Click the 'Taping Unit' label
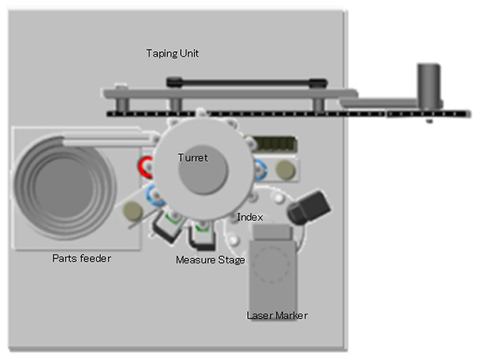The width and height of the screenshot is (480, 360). (172, 54)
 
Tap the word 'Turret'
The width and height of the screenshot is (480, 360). (192, 158)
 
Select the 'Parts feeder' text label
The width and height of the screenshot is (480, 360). (81, 258)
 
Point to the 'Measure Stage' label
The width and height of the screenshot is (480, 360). (210, 260)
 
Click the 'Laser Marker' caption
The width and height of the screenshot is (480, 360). (277, 315)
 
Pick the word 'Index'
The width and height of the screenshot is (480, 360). (250, 218)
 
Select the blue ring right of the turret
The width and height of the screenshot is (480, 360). (260, 169)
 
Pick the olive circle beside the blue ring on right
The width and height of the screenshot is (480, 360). (284, 170)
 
